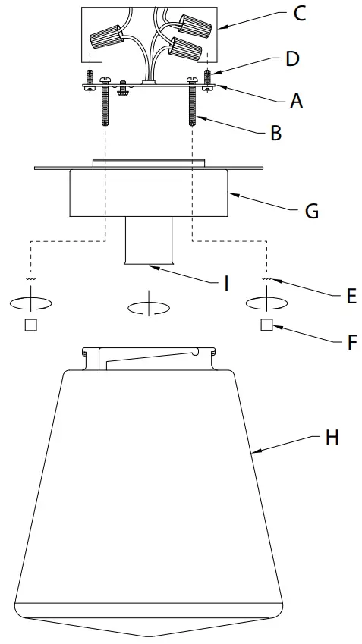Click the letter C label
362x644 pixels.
click(299, 14)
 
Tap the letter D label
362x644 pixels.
click(293, 58)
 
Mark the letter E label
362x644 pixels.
click(351, 296)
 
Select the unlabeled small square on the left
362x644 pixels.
click(31, 325)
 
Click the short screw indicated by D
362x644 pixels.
click(208, 78)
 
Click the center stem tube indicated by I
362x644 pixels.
click(149, 240)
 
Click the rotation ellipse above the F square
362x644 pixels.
click(266, 302)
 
